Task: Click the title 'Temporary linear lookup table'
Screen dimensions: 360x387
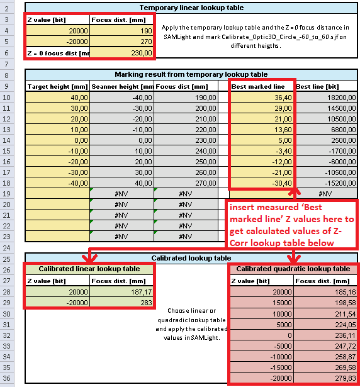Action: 191,8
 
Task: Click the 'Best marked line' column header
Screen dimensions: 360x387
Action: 258,86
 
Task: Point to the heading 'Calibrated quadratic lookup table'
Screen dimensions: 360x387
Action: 293,269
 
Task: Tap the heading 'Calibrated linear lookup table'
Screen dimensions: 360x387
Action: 89,269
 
